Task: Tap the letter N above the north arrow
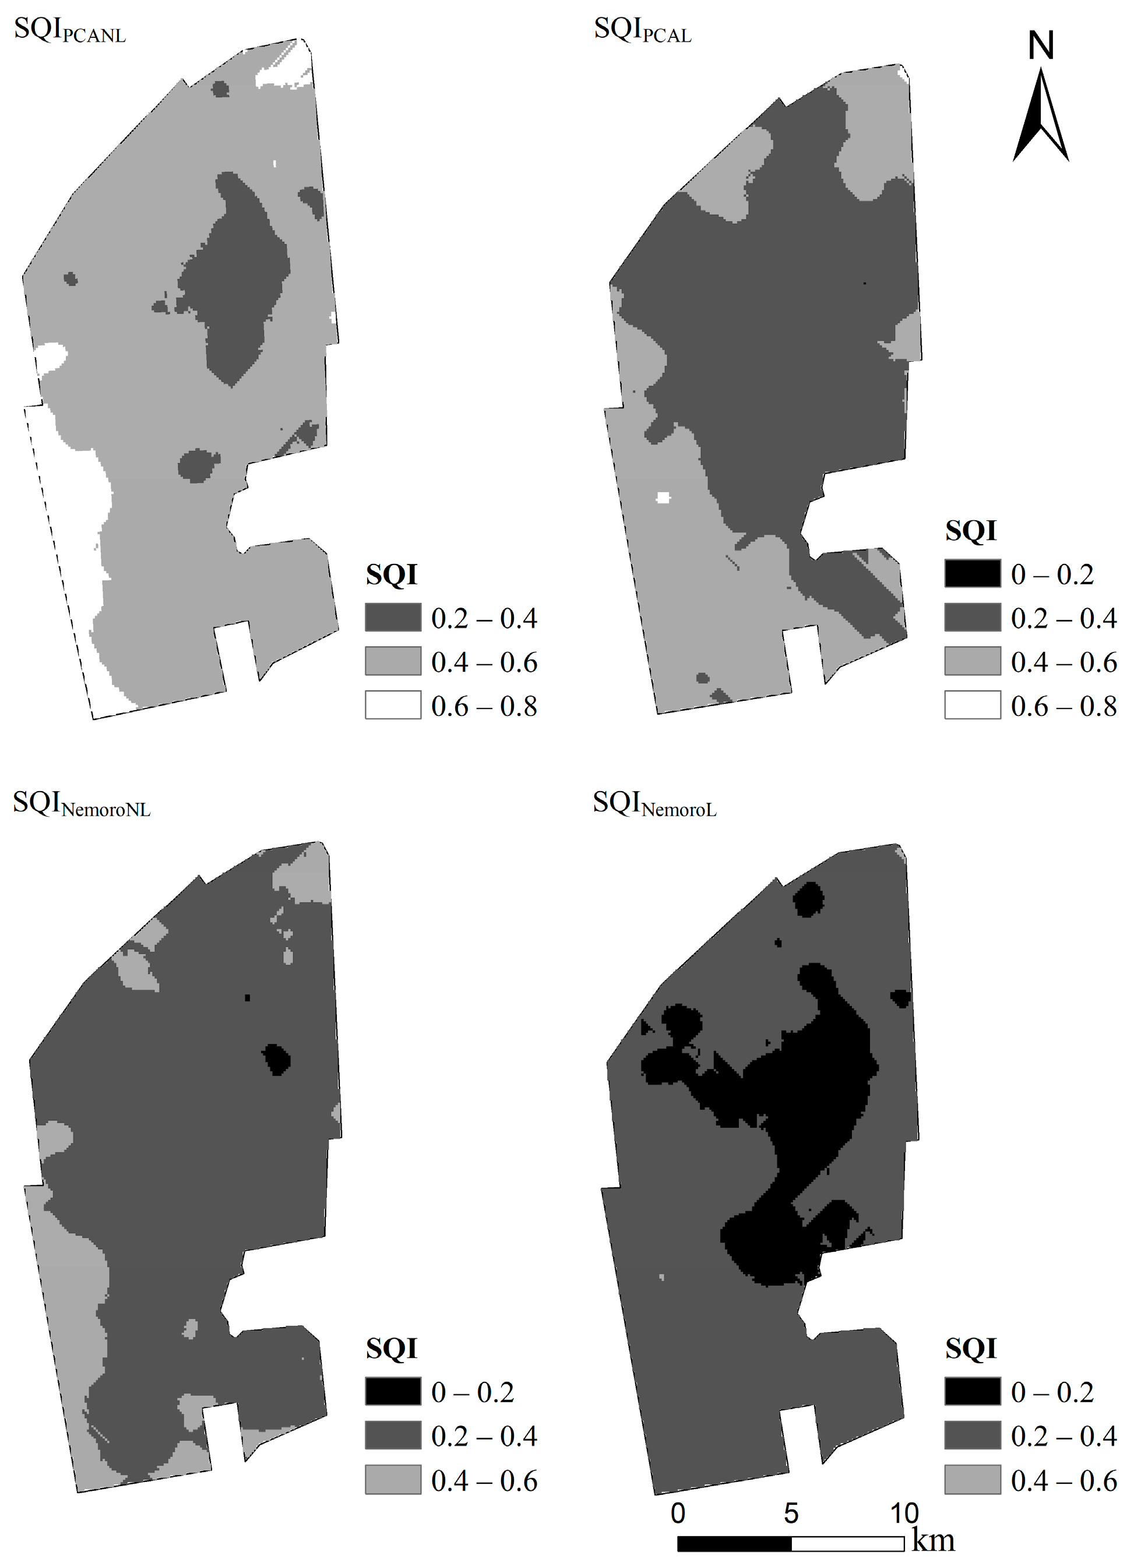click(x=1041, y=45)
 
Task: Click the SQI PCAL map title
click(x=642, y=31)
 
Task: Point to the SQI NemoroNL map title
click(x=82, y=805)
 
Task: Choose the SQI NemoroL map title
click(x=654, y=805)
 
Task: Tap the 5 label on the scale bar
click(x=791, y=1513)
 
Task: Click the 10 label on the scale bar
click(x=904, y=1513)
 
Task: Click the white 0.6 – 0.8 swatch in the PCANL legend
click(x=393, y=705)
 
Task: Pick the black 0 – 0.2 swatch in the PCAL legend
click(x=972, y=573)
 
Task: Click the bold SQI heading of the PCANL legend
click(x=392, y=574)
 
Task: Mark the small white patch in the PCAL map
click(x=663, y=498)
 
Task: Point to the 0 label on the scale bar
click(x=678, y=1513)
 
